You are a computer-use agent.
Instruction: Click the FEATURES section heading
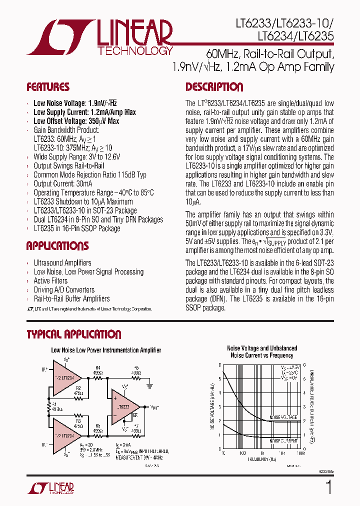click(48, 87)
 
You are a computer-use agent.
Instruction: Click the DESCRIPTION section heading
click(214, 87)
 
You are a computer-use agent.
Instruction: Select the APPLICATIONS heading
click(57, 246)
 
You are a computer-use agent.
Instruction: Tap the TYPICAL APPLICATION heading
click(74, 334)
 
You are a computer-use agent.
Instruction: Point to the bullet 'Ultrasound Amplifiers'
click(62, 262)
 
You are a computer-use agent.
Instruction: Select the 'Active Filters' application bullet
click(50, 280)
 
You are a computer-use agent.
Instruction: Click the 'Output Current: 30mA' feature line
click(62, 183)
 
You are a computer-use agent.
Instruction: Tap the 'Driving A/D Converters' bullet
click(63, 289)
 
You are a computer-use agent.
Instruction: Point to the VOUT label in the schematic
click(154, 408)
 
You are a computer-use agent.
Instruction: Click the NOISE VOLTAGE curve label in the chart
click(283, 417)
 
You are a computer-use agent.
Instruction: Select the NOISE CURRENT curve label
click(283, 441)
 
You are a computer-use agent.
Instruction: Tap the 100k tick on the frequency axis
click(301, 453)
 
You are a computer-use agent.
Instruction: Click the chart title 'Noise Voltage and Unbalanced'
click(261, 348)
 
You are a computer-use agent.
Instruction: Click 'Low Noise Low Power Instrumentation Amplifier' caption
click(106, 350)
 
